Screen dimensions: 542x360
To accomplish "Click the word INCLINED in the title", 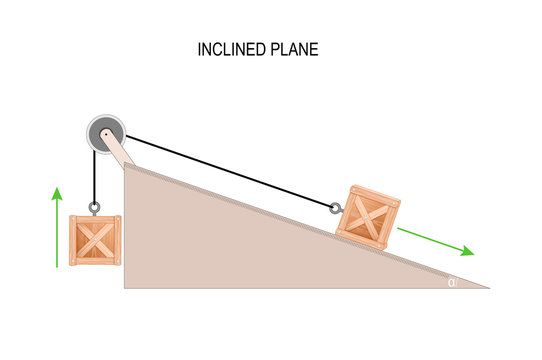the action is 231,49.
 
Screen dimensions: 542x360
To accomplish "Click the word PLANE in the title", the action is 293,49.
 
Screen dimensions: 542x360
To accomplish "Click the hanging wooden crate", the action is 95,241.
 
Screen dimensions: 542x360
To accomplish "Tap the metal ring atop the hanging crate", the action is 94,208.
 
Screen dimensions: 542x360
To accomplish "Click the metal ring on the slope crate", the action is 335,208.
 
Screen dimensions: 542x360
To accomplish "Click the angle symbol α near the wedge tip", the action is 452,282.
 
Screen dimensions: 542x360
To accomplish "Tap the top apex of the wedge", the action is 125,165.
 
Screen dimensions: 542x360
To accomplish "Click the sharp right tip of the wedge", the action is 488,287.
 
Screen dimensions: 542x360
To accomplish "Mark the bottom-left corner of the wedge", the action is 125,287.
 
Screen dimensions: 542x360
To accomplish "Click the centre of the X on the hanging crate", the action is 95,241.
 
